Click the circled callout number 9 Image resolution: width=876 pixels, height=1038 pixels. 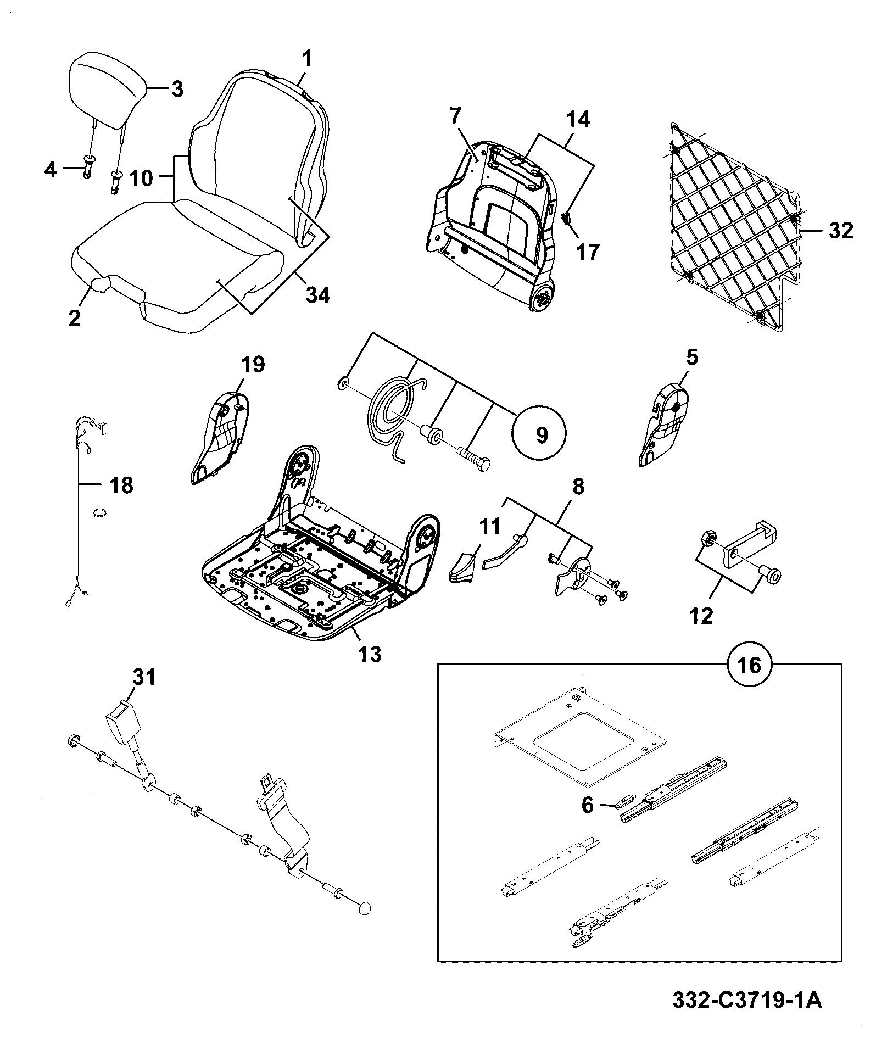click(x=541, y=436)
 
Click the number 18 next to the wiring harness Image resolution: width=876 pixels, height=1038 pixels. click(x=121, y=485)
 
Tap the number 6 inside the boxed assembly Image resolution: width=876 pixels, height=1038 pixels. click(x=587, y=805)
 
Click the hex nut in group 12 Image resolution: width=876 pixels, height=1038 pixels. click(x=708, y=537)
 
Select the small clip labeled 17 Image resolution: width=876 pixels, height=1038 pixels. click(x=567, y=219)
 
